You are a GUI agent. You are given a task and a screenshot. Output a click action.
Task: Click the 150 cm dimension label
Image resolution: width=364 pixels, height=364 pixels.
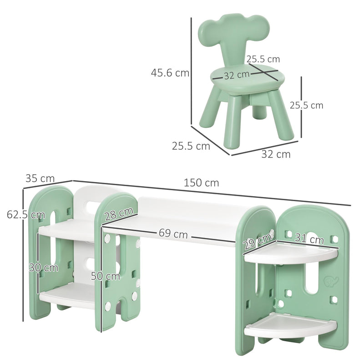pyautogui.click(x=201, y=183)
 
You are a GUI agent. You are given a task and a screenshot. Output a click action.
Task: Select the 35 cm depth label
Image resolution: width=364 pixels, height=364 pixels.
pyautogui.click(x=40, y=178)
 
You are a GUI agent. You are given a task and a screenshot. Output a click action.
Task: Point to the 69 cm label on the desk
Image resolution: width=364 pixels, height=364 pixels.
pyautogui.click(x=173, y=234)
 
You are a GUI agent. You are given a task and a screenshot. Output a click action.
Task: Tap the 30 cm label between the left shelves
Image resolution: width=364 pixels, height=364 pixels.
pyautogui.click(x=43, y=268)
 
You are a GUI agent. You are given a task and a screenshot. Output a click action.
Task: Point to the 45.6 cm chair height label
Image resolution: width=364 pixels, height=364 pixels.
pyautogui.click(x=171, y=73)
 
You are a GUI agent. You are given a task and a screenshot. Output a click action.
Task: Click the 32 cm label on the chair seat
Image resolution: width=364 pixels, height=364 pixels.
pyautogui.click(x=237, y=74)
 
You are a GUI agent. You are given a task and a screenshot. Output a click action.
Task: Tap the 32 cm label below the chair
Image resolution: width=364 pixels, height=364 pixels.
pyautogui.click(x=276, y=154)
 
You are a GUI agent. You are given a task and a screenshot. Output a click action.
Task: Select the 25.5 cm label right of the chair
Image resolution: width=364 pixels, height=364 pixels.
pyautogui.click(x=306, y=105)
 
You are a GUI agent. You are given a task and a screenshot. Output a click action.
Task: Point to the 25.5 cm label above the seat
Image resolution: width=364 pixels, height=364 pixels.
pyautogui.click(x=263, y=59)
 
